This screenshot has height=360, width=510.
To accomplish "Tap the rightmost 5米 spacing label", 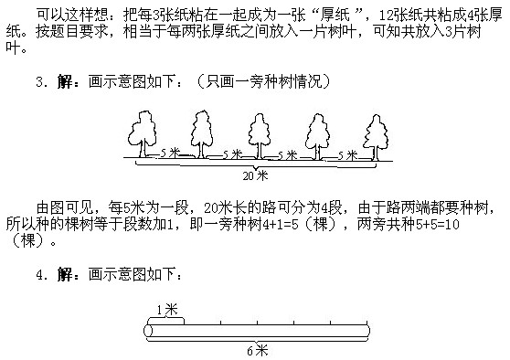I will point(346,154).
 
